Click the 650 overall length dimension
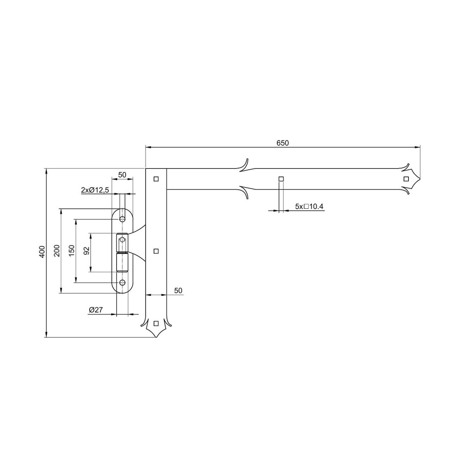click(x=282, y=143)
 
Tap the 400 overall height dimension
click(x=42, y=252)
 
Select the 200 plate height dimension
click(x=57, y=251)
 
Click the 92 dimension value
click(x=87, y=251)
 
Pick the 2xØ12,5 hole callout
click(x=95, y=190)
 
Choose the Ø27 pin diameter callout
click(x=96, y=310)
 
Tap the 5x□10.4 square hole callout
click(x=309, y=206)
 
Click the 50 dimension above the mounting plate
click(x=122, y=175)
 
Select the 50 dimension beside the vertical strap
click(x=178, y=290)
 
